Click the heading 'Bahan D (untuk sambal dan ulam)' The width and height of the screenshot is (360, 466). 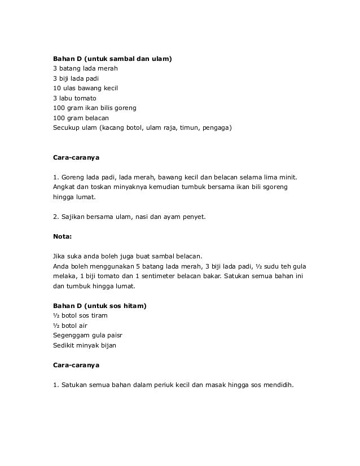tap(112, 59)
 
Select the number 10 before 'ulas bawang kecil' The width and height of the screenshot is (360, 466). tap(56, 88)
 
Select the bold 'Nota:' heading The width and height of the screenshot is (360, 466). tap(63, 237)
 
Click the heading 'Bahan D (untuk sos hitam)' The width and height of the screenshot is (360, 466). tap(100, 306)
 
